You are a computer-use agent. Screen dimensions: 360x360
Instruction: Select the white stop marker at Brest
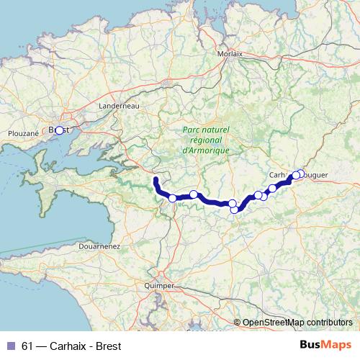pos(60,130)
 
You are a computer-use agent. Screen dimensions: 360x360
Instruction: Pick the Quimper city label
pos(159,286)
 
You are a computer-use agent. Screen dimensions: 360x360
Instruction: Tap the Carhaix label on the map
pos(279,174)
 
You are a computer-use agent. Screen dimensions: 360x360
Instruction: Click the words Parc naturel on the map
pos(206,129)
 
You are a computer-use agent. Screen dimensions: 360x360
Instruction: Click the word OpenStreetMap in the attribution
pos(271,323)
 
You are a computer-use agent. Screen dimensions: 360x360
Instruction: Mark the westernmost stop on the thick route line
pos(172,198)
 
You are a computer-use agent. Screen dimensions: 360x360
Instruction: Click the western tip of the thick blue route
pos(156,178)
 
